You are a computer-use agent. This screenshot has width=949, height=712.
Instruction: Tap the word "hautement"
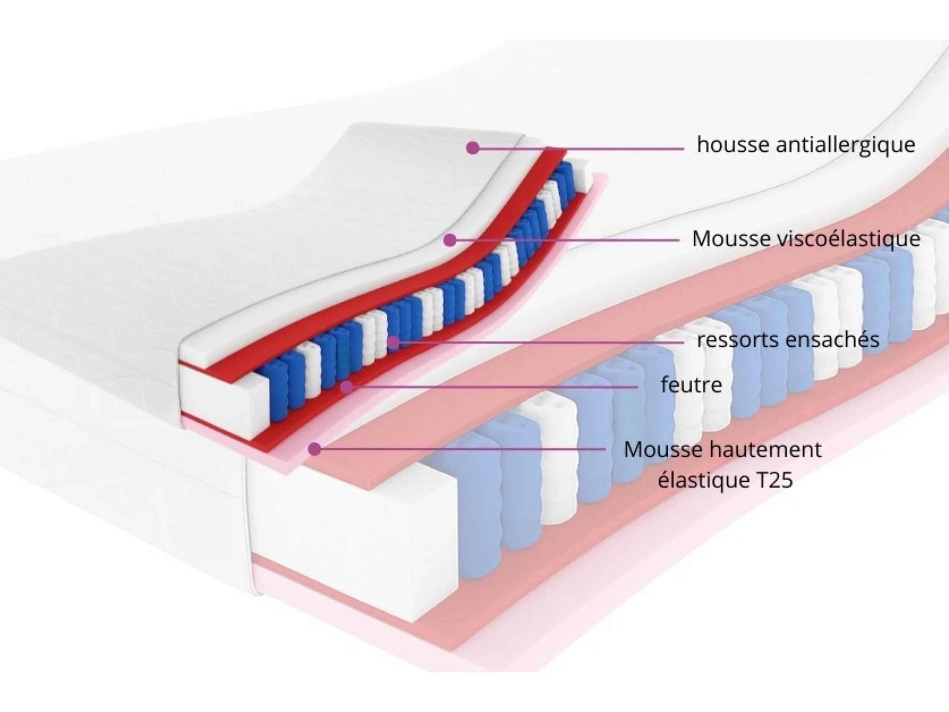point(766,450)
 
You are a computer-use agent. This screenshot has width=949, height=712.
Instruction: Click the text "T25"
point(774,480)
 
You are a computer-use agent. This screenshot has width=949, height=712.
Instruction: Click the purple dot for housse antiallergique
point(472,148)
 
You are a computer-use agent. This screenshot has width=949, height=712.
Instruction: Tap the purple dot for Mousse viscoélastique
point(450,240)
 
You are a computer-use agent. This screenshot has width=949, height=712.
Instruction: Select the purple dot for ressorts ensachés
point(393,343)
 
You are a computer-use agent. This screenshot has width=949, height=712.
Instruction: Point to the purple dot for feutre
point(347,387)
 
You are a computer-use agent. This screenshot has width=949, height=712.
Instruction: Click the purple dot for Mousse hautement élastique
point(315,449)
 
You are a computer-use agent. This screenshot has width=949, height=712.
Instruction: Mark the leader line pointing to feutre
point(493,387)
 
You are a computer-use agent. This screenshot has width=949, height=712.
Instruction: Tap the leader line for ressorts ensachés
point(536,343)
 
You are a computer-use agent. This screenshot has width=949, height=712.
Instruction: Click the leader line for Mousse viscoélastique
point(566,240)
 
